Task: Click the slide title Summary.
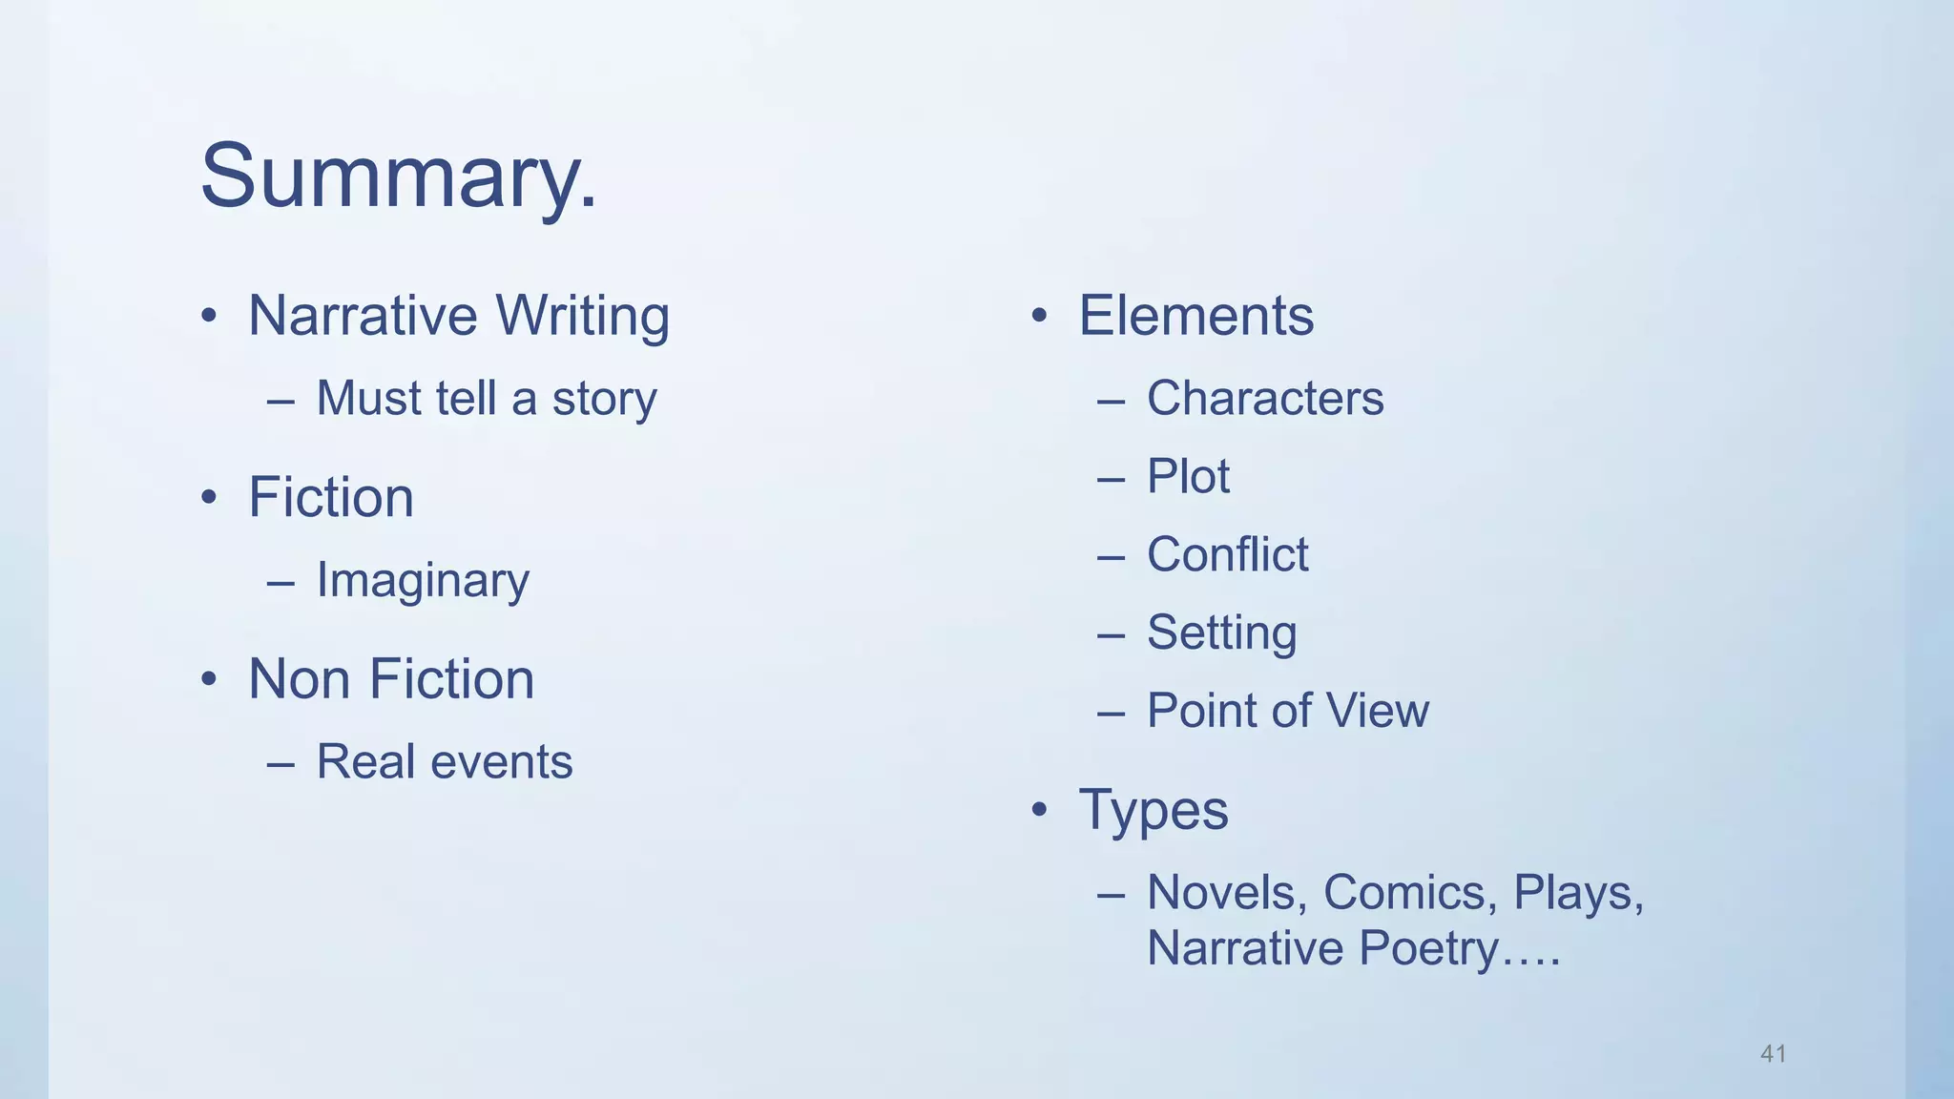pos(399,176)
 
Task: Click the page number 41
pos(1773,1053)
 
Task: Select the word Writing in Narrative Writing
pos(582,316)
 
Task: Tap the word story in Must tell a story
pos(604,399)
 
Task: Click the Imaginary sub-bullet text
pos(423,580)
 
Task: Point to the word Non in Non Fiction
pos(300,679)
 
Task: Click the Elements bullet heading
pos(1195,316)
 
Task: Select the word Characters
pos(1264,398)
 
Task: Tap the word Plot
pos(1188,476)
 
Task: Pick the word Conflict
pos(1227,554)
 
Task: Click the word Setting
pos(1221,632)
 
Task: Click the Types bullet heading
pos(1153,811)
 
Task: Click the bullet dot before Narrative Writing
pos(209,316)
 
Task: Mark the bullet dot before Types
pos(1039,811)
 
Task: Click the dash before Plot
pos(1111,477)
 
